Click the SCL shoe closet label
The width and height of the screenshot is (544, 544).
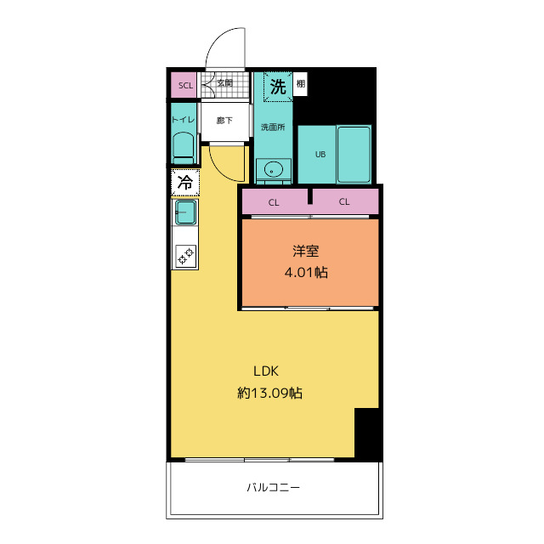click(185, 85)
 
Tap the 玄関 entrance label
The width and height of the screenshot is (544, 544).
click(224, 83)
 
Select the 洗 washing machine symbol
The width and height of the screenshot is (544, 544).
click(278, 86)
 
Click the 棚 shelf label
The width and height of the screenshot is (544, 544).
click(302, 85)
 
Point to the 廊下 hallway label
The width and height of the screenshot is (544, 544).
click(224, 120)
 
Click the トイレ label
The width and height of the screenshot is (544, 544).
click(184, 120)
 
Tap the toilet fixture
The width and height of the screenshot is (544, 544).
click(183, 150)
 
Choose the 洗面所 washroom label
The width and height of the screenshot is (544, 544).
click(273, 127)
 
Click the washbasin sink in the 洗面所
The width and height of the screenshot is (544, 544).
click(273, 168)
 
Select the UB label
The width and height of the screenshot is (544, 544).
click(320, 155)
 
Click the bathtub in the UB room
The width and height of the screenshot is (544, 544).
click(354, 154)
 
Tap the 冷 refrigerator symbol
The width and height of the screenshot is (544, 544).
click(184, 181)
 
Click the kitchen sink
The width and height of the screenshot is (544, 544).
click(185, 212)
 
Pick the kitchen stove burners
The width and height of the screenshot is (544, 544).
click(185, 254)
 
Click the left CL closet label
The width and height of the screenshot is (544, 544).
click(274, 202)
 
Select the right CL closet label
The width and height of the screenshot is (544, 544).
click(345, 202)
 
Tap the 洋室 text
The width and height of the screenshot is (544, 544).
click(306, 252)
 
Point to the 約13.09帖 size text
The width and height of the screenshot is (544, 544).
click(270, 393)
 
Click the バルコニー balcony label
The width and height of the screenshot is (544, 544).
click(274, 488)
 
